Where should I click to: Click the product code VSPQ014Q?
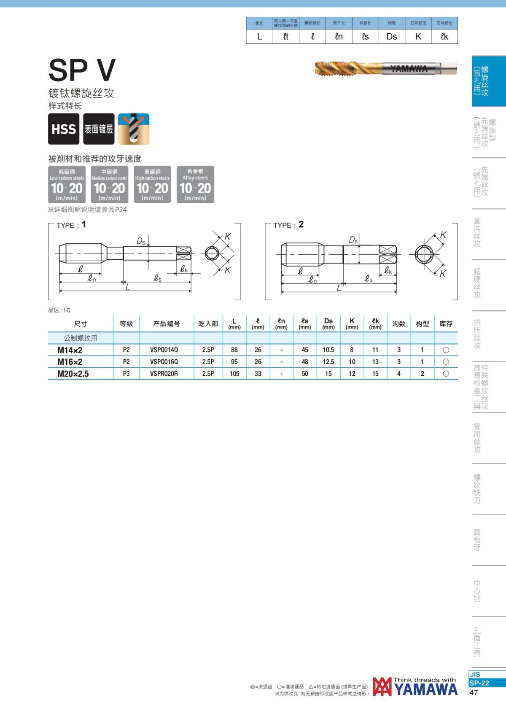tap(164, 350)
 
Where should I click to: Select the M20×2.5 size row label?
tap(73, 374)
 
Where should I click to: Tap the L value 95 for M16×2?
tap(234, 361)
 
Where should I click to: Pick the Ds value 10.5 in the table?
tap(328, 350)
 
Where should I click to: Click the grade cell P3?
tap(126, 373)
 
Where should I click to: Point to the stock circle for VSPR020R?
tap(446, 373)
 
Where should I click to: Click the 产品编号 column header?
tap(166, 324)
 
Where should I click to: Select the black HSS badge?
tap(64, 129)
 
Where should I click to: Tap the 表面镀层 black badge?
tap(99, 129)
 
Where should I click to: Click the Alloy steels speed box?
tap(195, 184)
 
